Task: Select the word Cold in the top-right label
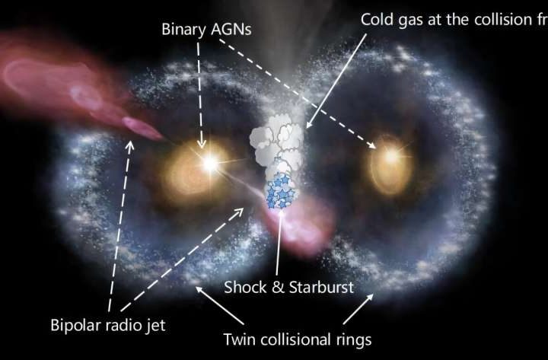(378, 19)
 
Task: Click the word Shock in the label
(244, 288)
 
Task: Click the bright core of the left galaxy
(205, 161)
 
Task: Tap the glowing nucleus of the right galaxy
(390, 157)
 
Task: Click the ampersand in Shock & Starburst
(273, 288)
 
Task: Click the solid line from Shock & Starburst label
(281, 244)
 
